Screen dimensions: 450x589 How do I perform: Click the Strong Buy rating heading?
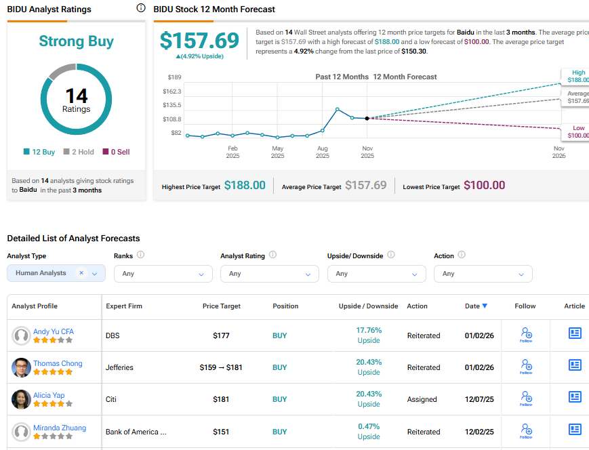point(76,41)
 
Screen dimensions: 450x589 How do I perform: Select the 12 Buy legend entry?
point(39,152)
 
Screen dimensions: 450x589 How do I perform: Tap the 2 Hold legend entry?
point(79,152)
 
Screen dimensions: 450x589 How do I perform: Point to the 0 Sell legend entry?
point(116,152)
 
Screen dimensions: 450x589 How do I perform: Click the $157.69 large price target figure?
point(200,41)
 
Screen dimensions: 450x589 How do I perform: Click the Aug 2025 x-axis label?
point(323,152)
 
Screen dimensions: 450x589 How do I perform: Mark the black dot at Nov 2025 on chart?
point(367,118)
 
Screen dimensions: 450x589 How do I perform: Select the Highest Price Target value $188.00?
point(245,185)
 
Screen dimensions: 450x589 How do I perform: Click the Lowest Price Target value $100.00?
point(484,185)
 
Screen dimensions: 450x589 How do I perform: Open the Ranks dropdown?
point(163,274)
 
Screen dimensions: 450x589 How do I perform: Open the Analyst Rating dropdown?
point(270,274)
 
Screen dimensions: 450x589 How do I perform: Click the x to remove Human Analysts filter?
point(81,273)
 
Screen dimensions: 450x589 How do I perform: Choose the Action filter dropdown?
point(483,274)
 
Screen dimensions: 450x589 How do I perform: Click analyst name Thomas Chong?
point(58,363)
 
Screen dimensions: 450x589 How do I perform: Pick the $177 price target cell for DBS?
point(222,335)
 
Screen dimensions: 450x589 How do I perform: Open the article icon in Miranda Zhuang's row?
point(575,428)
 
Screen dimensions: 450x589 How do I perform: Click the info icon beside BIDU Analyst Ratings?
point(141,8)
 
